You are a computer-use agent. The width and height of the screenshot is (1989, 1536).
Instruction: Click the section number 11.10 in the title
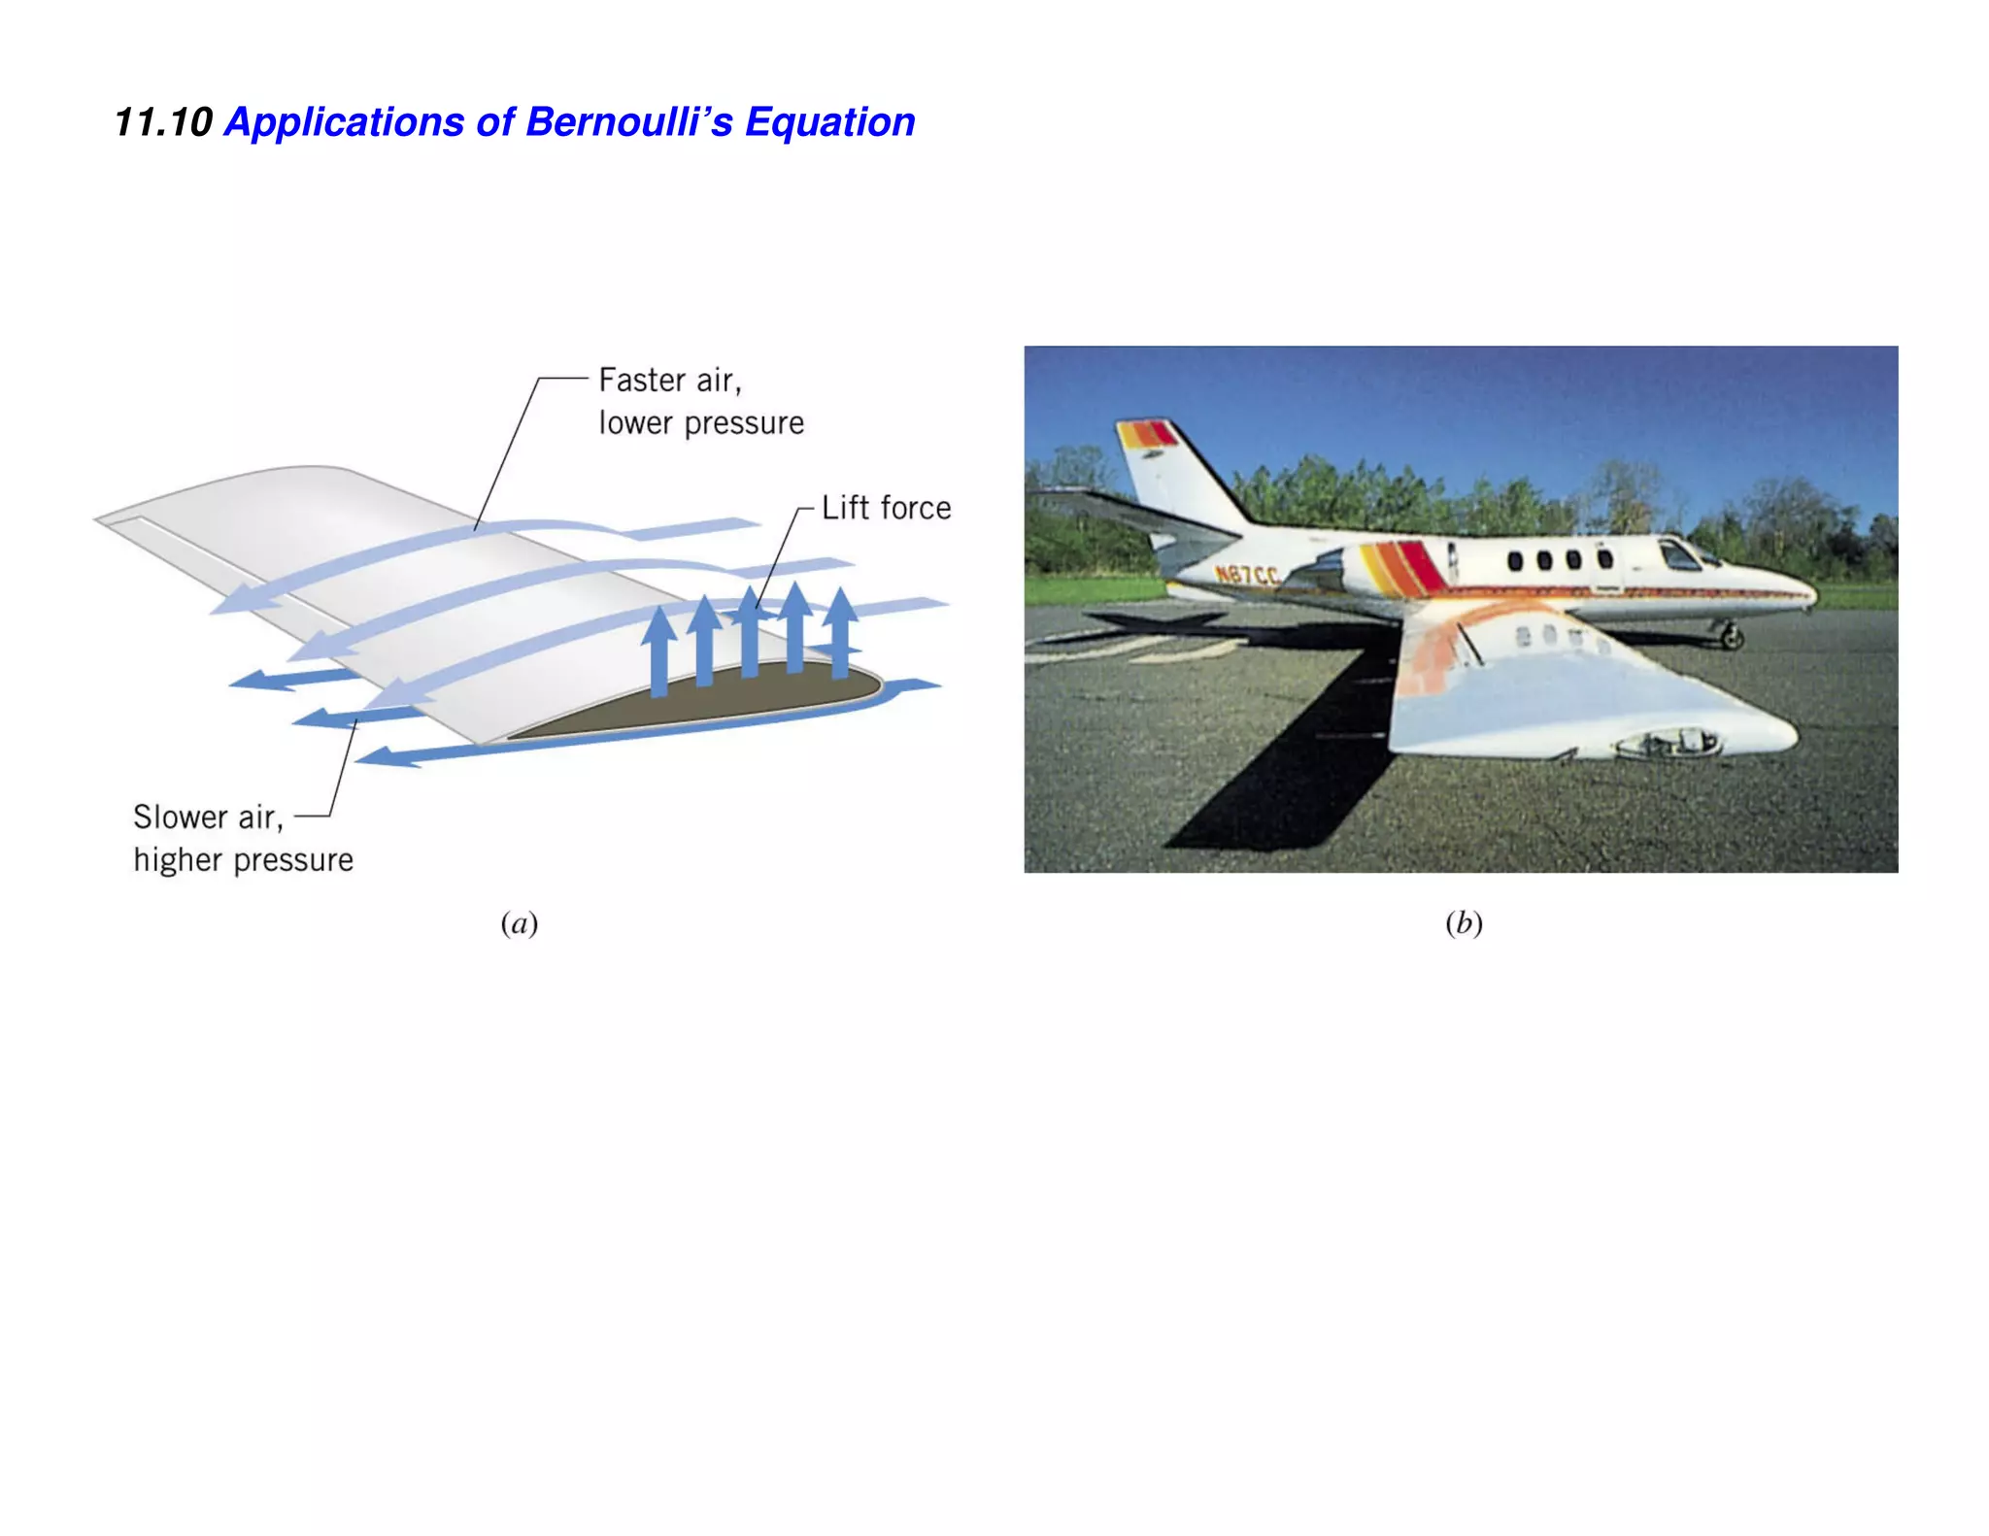point(163,123)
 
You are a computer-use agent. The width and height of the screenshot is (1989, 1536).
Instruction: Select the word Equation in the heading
point(829,123)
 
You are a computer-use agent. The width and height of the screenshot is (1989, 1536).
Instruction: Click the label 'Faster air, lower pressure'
point(700,401)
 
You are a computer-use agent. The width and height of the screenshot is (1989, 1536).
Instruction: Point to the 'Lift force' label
point(886,508)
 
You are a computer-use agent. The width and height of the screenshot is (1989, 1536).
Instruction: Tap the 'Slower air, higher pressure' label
point(243,838)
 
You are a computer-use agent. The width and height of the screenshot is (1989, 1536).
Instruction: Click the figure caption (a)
point(519,922)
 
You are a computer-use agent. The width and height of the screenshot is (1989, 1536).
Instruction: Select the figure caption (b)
point(1463,922)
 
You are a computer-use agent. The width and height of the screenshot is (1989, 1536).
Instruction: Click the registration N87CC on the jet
point(1248,575)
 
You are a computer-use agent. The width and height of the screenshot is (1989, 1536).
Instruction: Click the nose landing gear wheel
point(1732,638)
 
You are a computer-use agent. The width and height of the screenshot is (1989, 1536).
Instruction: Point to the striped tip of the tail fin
point(1146,434)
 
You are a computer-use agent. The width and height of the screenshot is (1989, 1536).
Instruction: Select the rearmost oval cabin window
point(1514,561)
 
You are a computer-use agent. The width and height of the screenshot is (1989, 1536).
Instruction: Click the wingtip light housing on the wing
point(1666,744)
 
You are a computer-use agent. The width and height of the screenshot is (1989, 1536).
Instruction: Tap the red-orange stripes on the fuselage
point(1403,567)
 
